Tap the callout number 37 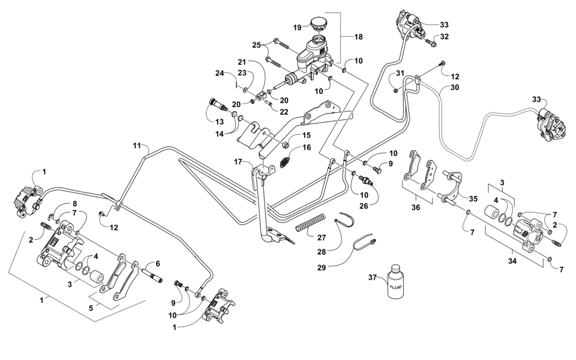[372, 278]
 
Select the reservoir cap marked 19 [318, 25]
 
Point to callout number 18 [358, 37]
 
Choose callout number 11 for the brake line [137, 146]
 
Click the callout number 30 [455, 88]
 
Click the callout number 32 [444, 36]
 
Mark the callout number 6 [157, 263]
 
